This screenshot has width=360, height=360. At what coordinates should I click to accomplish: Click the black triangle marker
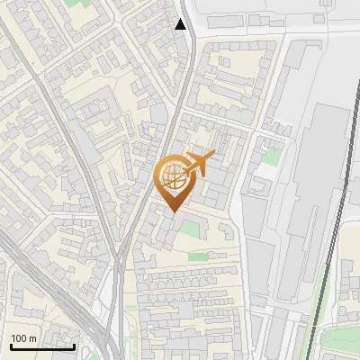(x=181, y=24)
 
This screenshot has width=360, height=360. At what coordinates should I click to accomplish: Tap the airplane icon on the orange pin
(x=198, y=164)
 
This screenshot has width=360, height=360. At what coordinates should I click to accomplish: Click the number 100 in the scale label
(x=19, y=338)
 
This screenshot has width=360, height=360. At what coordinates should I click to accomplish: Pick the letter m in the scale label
(x=32, y=338)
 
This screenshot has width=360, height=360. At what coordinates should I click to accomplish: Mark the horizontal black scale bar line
(x=42, y=346)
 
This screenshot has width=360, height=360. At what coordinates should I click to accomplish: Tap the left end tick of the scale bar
(x=11, y=344)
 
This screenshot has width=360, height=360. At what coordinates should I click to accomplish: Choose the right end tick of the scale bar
(x=74, y=344)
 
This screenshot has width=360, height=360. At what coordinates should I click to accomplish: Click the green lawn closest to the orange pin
(x=190, y=229)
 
